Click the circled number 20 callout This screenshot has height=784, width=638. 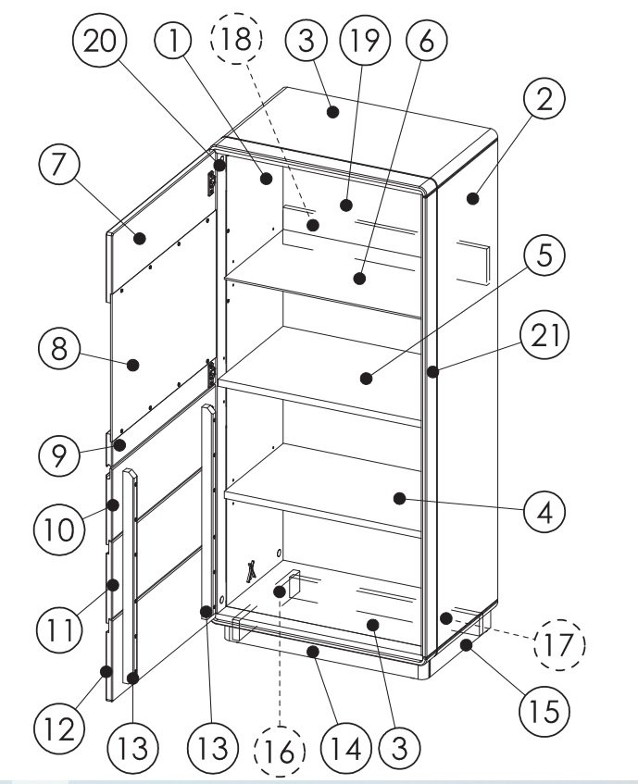click(x=99, y=40)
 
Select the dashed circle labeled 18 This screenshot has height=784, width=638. click(x=236, y=39)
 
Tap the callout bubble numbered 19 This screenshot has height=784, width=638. click(x=365, y=40)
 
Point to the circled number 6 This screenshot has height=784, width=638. click(x=427, y=40)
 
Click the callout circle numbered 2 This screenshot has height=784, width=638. click(x=544, y=98)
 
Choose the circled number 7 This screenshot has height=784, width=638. click(x=59, y=164)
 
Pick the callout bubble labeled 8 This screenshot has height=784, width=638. click(x=59, y=349)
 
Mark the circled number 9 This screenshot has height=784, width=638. click(x=59, y=455)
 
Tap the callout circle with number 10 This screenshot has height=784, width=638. click(x=59, y=529)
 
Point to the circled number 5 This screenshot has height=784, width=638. click(x=544, y=255)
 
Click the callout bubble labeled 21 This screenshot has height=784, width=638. click(x=544, y=334)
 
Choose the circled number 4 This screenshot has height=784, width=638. click(x=544, y=513)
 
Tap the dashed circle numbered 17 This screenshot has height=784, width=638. click(x=559, y=644)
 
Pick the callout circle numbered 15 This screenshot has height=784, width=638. click(x=544, y=711)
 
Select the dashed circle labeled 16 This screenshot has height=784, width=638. click(x=280, y=752)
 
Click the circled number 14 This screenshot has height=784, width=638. click(x=346, y=749)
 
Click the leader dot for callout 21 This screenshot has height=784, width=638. click(x=433, y=371)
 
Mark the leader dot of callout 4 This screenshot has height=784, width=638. click(x=399, y=499)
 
